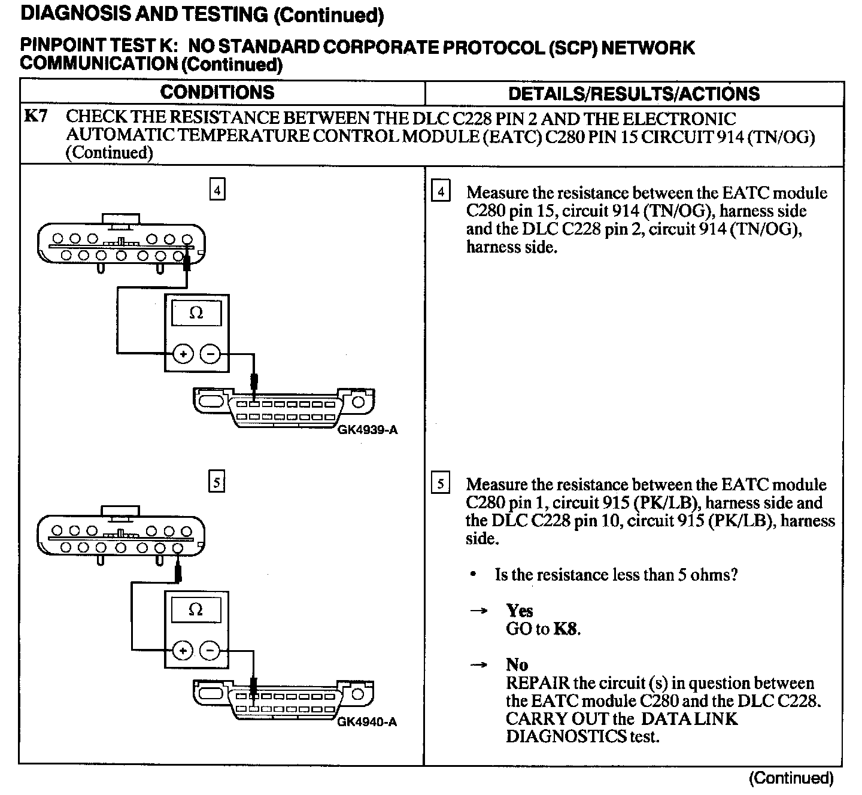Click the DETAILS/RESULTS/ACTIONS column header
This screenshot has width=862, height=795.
coord(633,94)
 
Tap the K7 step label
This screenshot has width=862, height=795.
coord(35,117)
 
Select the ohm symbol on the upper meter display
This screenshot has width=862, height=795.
coord(196,313)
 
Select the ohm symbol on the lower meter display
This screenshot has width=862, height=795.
coord(196,610)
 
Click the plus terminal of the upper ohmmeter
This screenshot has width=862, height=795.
coord(183,354)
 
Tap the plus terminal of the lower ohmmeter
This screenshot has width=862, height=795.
coord(183,650)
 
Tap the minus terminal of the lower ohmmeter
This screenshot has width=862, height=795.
coord(210,650)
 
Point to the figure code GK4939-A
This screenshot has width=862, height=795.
coord(367,430)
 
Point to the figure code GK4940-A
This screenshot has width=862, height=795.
coord(367,722)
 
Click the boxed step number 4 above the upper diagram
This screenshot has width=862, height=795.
coord(217,190)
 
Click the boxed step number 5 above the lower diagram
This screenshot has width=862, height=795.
coord(217,482)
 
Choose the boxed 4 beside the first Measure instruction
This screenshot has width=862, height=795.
coord(441,192)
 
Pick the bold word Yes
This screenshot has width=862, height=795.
coord(519,611)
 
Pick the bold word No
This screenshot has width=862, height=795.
coord(517,664)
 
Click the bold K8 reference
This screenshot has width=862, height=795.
coord(566,629)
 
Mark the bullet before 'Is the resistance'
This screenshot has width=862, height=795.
coord(474,575)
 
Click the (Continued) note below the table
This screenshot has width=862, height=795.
coord(791,778)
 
